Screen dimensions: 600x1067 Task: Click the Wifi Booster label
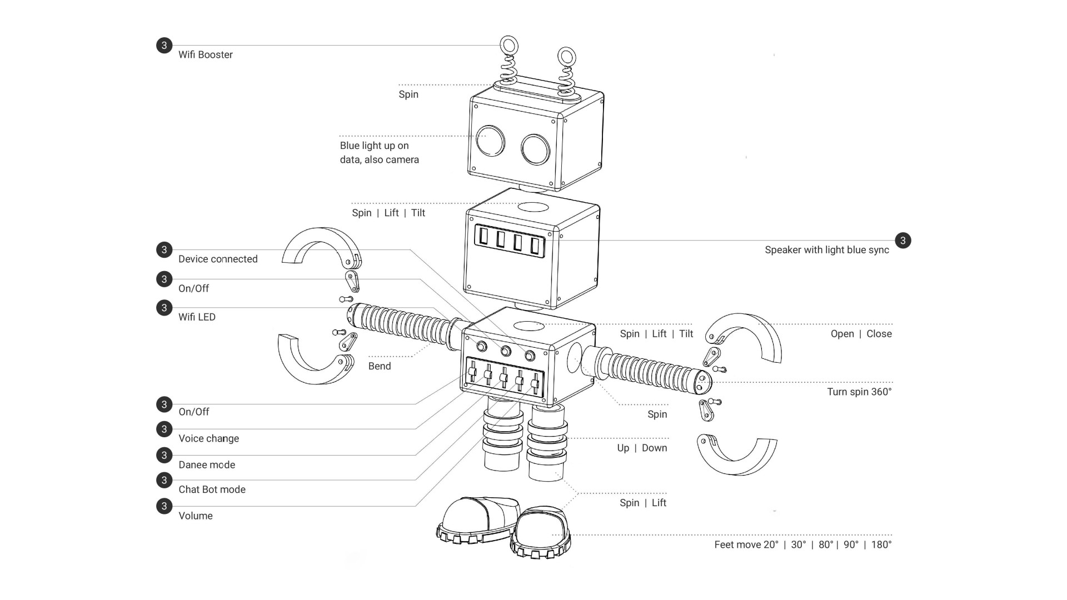205,54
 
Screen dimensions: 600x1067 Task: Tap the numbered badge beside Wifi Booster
164,46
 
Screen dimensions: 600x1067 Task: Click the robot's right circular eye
535,149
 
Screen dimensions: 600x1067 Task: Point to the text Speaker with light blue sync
826,250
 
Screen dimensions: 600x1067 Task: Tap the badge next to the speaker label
903,241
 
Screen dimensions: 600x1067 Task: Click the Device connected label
218,259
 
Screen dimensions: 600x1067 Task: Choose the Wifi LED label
197,317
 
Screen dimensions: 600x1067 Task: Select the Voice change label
208,438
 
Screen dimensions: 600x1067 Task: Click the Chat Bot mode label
212,489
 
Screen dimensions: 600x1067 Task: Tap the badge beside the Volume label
164,506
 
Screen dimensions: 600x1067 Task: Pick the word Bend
380,366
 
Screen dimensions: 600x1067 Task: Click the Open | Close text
861,334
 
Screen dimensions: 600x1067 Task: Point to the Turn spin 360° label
859,392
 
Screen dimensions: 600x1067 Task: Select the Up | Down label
642,448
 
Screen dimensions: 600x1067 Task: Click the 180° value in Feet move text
881,545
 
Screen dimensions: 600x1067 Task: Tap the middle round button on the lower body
506,351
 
